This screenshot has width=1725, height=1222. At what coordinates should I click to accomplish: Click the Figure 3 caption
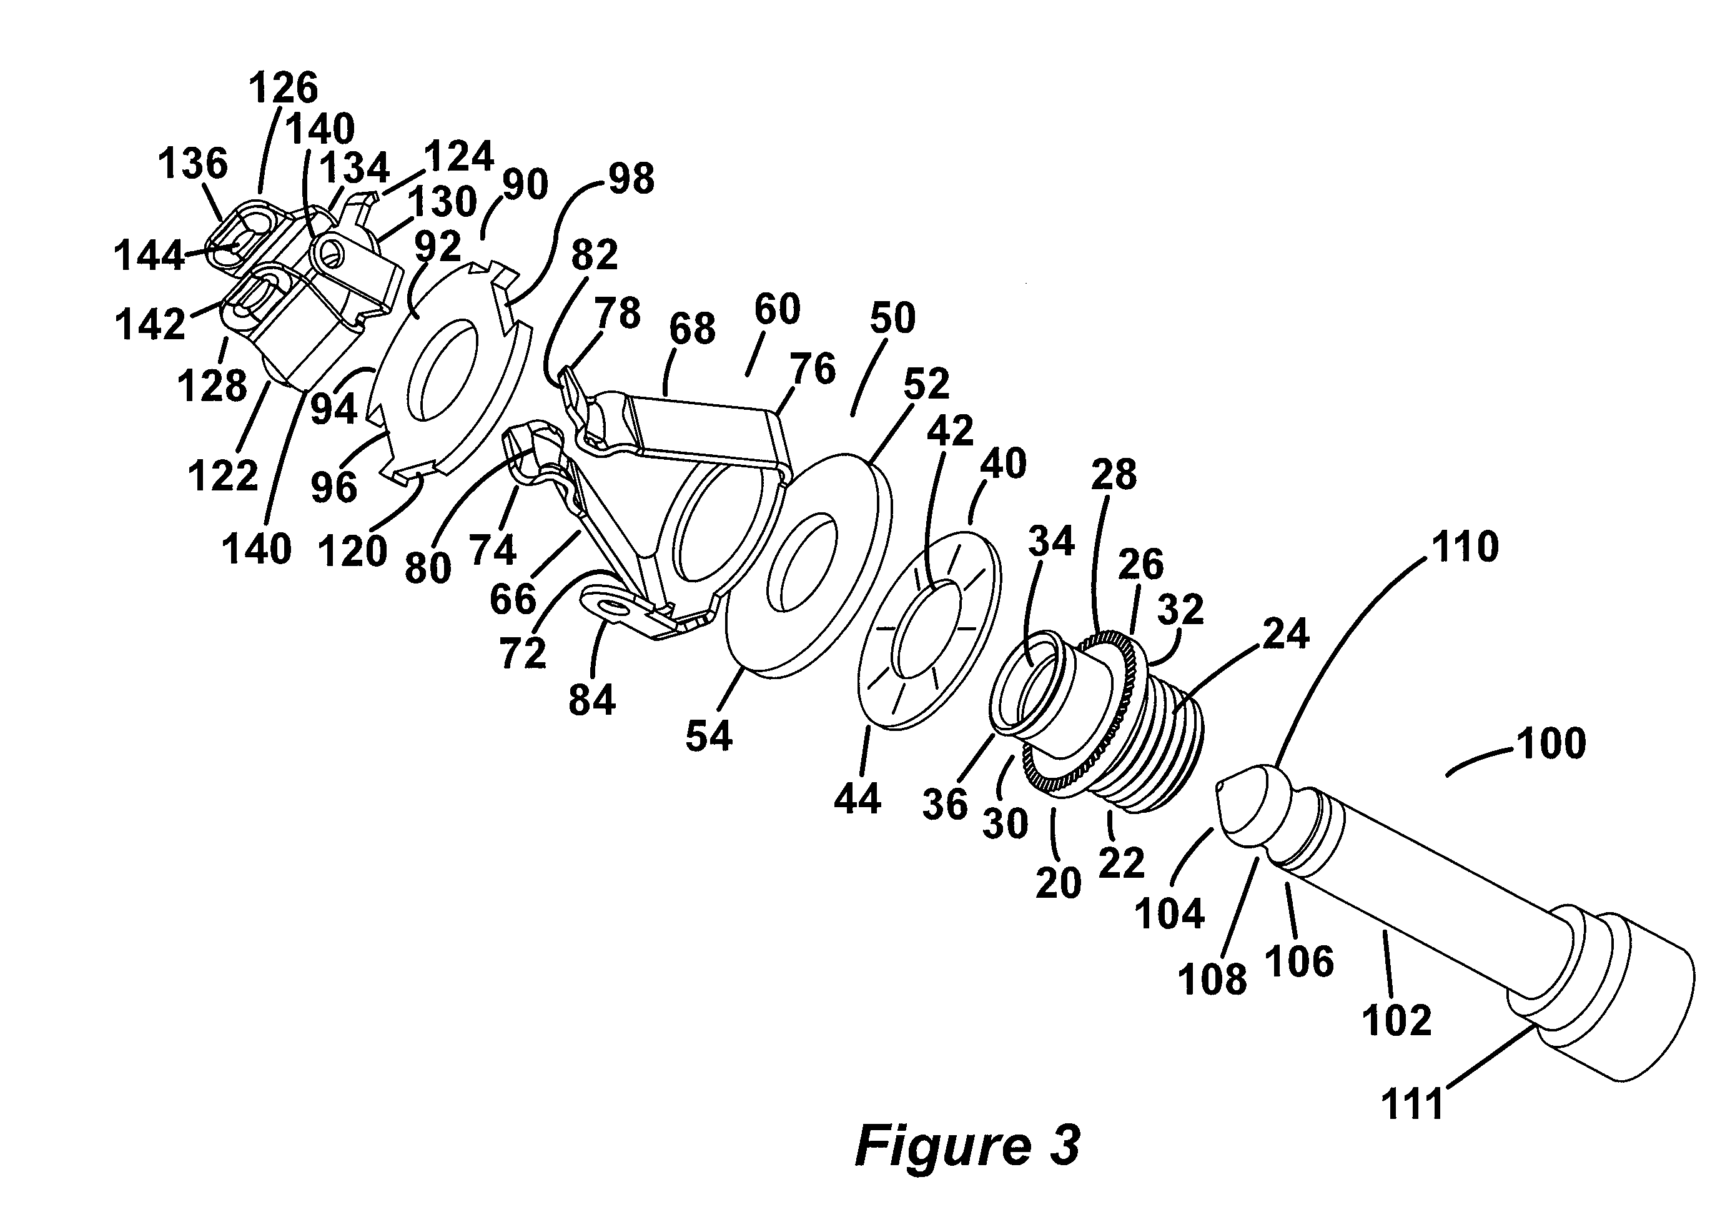(x=967, y=1146)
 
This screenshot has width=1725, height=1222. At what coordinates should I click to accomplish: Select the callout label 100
(x=1551, y=743)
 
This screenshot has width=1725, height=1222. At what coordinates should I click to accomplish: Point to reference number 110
(x=1465, y=547)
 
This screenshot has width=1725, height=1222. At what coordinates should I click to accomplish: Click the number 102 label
(x=1397, y=1020)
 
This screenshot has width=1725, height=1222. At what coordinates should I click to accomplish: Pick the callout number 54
(x=709, y=736)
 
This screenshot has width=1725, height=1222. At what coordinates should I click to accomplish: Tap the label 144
(x=148, y=256)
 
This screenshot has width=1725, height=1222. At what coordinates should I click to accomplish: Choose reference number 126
(x=284, y=88)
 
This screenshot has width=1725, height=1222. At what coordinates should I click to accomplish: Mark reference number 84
(x=592, y=700)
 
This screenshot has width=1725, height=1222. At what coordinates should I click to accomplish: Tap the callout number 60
(x=777, y=310)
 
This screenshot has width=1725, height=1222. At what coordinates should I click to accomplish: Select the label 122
(x=223, y=476)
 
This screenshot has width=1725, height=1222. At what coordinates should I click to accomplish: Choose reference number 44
(x=857, y=799)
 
